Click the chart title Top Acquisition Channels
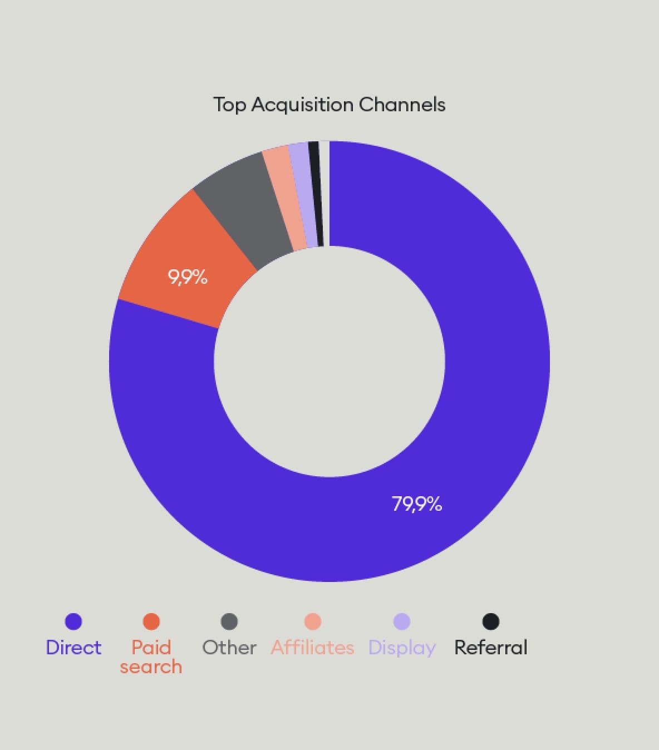[x=329, y=105]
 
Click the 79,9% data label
[x=417, y=504]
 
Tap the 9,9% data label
[x=188, y=277]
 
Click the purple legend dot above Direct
[x=73, y=621]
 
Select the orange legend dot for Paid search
[x=151, y=621]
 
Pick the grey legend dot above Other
[x=229, y=621]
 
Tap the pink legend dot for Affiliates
[x=313, y=621]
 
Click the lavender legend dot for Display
[x=402, y=621]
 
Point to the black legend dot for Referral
[x=491, y=621]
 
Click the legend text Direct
[x=73, y=648]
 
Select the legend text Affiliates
[x=313, y=648]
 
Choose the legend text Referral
[x=491, y=648]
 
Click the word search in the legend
[x=151, y=667]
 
